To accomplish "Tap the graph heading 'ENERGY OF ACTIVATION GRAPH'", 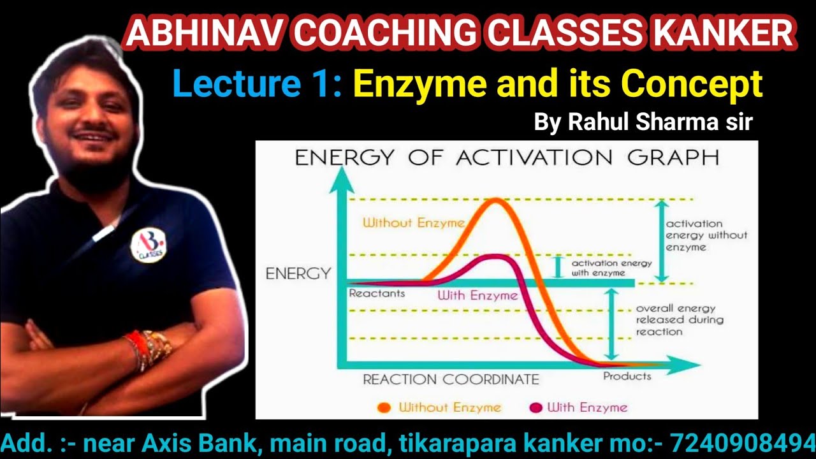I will pos(507,157).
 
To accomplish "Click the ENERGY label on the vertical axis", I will pos(298,274).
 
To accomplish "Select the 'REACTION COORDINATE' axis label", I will pos(451,379).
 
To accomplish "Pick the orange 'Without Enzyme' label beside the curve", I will pos(413,222).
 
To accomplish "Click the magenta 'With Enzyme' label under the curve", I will pos(477,296).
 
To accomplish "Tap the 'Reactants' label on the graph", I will pos(377,293).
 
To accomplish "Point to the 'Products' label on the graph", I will pos(627,376).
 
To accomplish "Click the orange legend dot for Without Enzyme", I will pos(384,407).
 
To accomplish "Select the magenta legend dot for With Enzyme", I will pos(535,407).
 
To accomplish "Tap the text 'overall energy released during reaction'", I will pos(679,320).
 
